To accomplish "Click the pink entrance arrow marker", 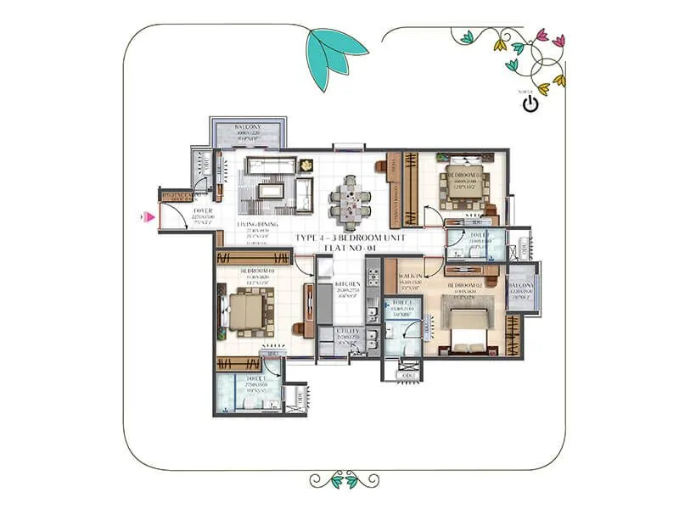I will tap(149, 217).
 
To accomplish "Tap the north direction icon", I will tap(530, 104).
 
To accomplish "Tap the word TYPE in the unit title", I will tap(308, 238).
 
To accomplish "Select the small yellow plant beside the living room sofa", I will tap(304, 163).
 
